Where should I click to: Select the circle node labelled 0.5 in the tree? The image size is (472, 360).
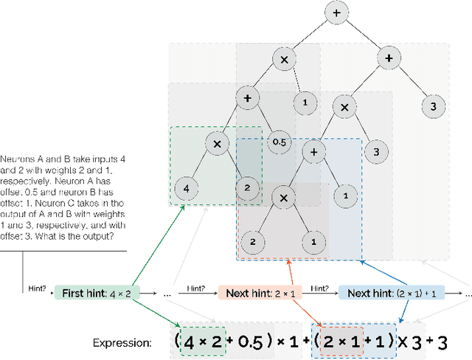279,141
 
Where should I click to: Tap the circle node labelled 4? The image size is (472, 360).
186,188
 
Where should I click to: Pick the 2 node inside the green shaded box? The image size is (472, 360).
248,188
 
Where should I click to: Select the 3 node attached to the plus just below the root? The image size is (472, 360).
434,106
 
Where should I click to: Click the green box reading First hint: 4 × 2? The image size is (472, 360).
97,293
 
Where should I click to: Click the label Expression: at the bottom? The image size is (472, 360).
122,343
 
